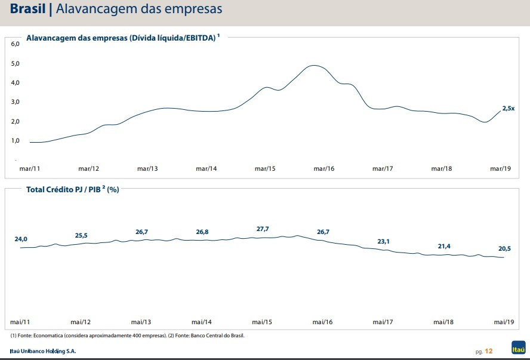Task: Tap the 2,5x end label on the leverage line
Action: [509, 108]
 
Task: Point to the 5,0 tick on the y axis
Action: [16, 63]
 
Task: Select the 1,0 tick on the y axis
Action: [16, 140]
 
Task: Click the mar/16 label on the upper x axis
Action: [324, 169]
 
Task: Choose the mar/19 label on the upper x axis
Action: [500, 169]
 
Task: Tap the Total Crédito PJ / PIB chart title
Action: [72, 190]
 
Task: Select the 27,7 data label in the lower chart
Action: [263, 229]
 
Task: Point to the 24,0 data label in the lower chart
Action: [21, 239]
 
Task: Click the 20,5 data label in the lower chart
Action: [505, 248]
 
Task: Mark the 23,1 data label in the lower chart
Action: [383, 241]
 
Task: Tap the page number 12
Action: [489, 351]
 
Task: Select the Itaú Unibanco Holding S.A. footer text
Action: [43, 350]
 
